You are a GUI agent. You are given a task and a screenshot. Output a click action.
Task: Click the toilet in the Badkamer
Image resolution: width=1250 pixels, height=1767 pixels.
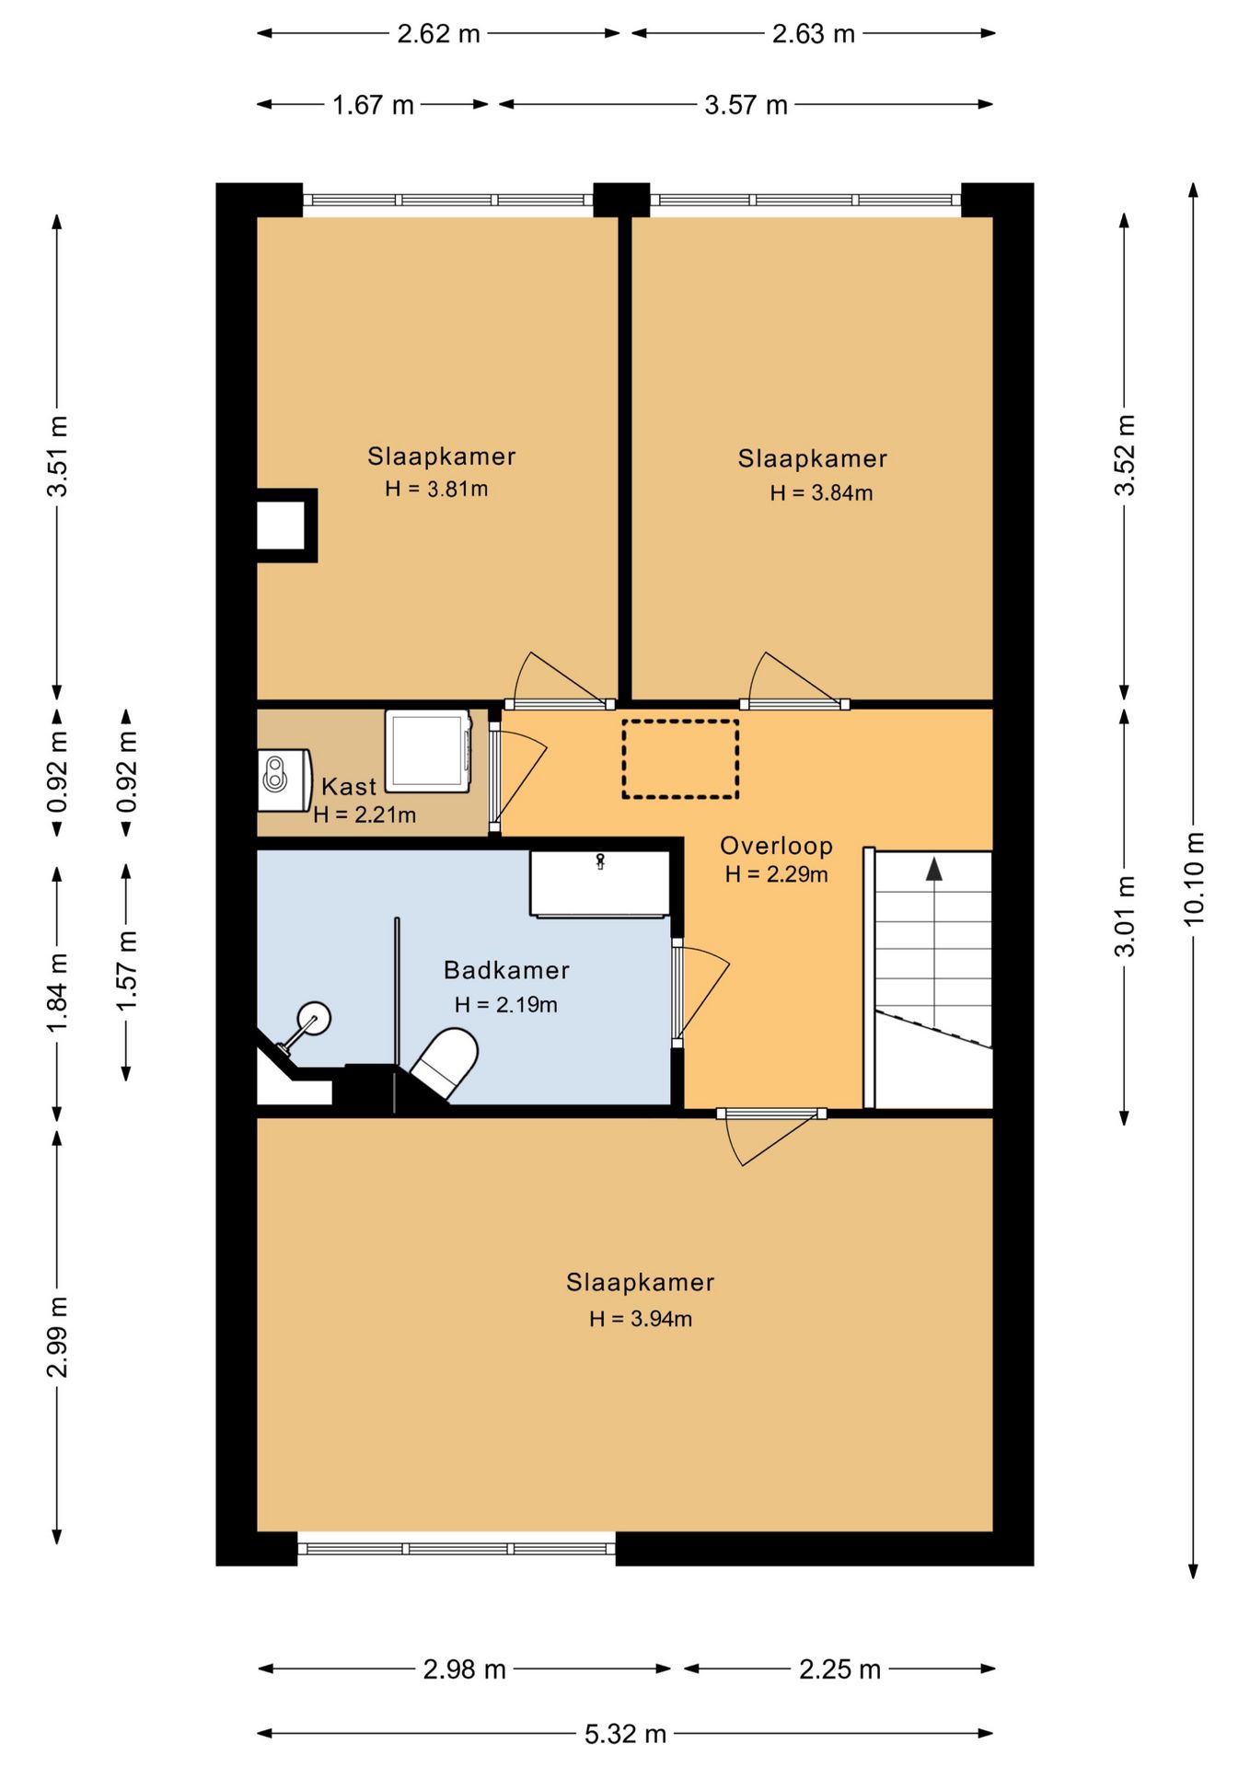445,1063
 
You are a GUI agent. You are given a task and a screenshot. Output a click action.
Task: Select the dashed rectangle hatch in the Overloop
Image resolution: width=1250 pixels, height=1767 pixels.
680,758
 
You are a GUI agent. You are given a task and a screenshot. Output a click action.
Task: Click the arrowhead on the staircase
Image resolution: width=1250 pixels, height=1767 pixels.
934,869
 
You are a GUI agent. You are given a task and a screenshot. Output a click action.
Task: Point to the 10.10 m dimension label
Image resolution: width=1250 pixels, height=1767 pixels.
1193,879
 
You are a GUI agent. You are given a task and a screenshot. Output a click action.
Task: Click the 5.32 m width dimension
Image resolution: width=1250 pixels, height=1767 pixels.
625,1734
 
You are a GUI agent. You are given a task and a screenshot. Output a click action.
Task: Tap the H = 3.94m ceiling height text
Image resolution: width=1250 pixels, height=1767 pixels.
641,1319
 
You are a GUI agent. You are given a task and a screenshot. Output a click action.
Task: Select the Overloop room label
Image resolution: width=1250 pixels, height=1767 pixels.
776,846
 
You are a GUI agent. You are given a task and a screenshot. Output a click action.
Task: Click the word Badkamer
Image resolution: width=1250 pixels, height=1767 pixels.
506,970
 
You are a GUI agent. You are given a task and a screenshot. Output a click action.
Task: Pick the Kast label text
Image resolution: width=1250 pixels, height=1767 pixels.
349,787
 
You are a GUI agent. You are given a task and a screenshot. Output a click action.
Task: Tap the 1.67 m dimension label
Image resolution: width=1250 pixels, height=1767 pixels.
373,105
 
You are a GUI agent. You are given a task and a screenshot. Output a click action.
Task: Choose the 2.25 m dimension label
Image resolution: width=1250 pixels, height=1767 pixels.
839,1669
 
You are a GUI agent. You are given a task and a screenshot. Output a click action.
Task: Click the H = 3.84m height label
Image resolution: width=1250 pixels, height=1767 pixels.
821,493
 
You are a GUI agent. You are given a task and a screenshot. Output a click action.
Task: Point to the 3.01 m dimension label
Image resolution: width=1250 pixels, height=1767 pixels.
1125,916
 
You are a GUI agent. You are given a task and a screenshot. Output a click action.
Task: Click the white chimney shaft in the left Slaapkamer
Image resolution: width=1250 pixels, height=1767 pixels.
280,525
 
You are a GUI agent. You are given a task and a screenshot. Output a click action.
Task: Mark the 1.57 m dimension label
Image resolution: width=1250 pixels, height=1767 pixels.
127,970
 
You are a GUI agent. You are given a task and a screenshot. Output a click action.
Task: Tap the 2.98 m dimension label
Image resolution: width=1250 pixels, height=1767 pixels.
464,1669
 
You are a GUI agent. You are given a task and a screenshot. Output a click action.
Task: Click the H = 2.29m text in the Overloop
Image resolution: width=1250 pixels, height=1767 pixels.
776,874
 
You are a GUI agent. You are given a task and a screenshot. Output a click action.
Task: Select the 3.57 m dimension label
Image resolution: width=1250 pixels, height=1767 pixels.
746,105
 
